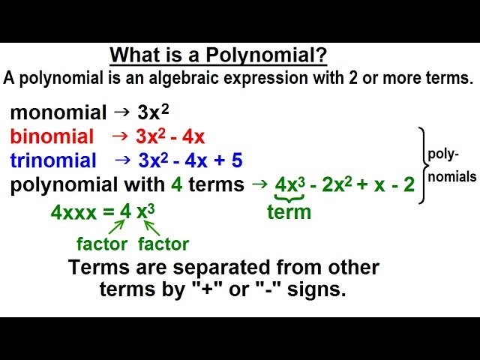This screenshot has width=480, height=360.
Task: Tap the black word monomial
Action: coord(58,113)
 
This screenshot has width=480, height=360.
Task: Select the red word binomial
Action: coord(52,136)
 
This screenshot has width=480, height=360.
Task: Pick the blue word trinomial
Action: coord(53,160)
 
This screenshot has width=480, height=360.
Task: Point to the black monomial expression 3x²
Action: coord(153,112)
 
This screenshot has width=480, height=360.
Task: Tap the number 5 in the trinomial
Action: coord(237,160)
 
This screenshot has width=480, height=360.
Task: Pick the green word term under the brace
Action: coord(289,212)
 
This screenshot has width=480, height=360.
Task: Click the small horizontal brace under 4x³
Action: coord(288,198)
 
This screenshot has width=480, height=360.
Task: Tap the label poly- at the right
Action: coord(442,154)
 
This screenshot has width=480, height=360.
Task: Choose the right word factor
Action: coord(163,244)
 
